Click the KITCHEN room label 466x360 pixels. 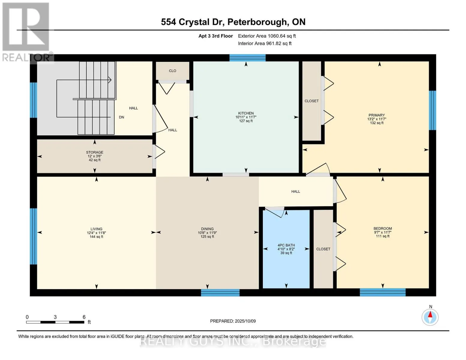pos(246,113)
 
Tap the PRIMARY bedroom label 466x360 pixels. pos(377,115)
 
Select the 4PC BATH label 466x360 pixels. pos(286,245)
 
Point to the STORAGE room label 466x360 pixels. pos(95,152)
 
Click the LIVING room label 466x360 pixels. pos(96,229)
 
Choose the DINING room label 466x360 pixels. pos(207,229)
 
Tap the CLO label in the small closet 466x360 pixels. pos(173,71)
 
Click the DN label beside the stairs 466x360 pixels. pos(122,117)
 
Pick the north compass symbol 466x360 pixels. pos(430,317)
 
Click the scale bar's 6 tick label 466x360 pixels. pos(84,317)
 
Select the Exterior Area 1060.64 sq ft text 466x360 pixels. pos(267,36)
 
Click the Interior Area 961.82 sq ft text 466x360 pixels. pos(265,43)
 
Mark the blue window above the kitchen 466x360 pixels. pos(247,58)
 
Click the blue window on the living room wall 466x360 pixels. pos(33,236)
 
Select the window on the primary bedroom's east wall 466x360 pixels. pos(432,110)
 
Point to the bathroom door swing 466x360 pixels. pos(275,212)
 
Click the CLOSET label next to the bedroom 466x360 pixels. pos(323,249)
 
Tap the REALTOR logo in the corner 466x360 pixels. pos(26,31)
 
